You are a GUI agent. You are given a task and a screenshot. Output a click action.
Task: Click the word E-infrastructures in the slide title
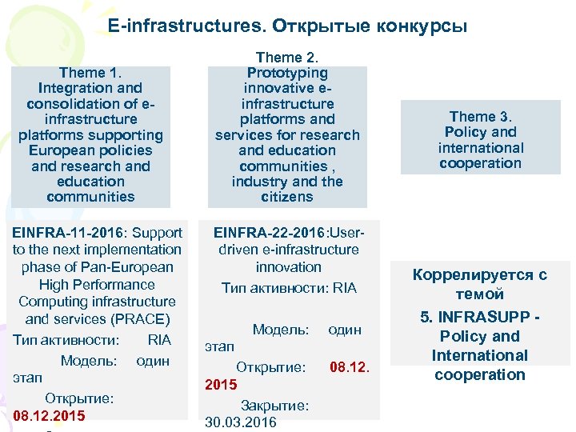pos(186,26)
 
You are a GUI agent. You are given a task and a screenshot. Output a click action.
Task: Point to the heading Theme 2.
pos(286,58)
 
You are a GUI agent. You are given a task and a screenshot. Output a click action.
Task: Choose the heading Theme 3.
pos(480,117)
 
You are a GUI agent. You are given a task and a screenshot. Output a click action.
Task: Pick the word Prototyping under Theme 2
pos(286,74)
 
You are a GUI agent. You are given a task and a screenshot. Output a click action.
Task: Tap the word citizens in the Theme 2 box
pos(286,197)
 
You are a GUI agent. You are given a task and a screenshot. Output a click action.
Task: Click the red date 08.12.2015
pos(49,416)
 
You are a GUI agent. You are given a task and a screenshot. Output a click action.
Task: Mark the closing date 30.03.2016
pos(241,422)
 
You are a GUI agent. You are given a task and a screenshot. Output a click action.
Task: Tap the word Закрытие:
pos(274,406)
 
